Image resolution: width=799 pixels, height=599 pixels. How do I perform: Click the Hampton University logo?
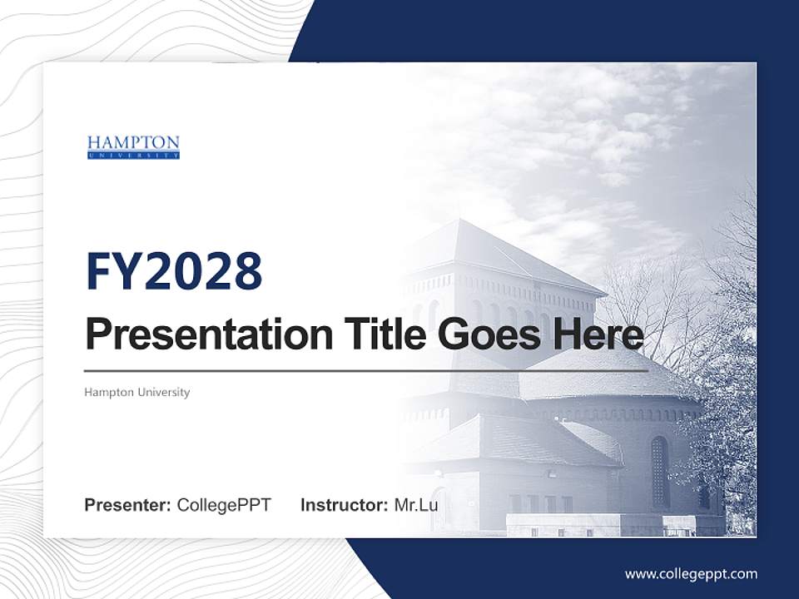point(133,147)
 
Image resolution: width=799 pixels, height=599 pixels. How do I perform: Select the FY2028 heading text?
point(174,271)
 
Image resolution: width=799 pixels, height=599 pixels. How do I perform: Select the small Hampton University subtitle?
point(137,392)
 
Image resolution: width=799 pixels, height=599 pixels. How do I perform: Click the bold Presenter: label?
point(128,505)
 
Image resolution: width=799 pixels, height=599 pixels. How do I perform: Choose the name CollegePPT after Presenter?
point(224,505)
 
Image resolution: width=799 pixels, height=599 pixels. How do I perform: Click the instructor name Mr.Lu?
point(416,505)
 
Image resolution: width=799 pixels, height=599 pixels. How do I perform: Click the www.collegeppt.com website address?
point(691,573)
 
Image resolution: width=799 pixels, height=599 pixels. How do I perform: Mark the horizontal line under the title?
point(366,370)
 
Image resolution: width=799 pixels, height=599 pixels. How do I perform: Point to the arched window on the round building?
point(659,471)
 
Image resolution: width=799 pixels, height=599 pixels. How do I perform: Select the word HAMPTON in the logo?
point(133,142)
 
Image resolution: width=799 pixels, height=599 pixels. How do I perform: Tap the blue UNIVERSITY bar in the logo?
point(133,155)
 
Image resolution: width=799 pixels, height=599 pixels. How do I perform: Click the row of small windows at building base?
point(541,503)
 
